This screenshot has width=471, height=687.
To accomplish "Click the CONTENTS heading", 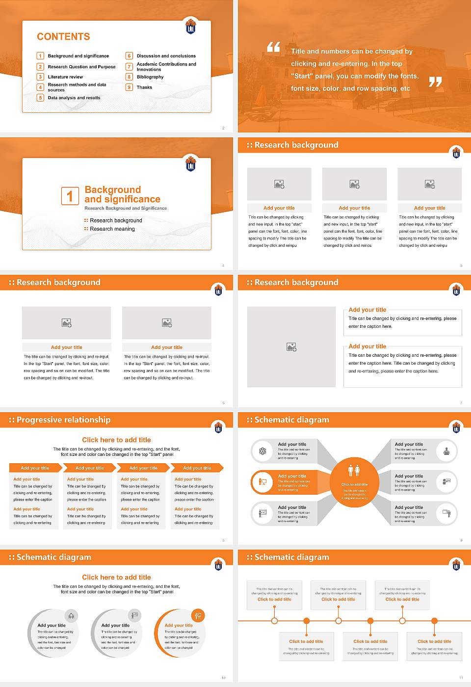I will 63,37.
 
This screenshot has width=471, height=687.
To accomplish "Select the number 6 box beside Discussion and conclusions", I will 130,56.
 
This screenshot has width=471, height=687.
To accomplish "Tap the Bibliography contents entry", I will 150,77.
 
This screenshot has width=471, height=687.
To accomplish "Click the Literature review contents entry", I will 65,77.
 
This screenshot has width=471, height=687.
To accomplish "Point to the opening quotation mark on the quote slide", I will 273,47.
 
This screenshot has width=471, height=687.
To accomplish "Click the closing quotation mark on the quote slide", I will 435,82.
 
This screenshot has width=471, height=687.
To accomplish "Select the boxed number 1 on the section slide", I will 70,196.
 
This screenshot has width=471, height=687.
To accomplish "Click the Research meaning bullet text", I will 112,229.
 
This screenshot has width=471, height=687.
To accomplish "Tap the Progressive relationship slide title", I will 63,420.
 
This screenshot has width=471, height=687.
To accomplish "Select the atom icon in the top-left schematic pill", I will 262,451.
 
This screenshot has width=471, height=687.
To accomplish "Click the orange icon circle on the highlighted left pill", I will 262,482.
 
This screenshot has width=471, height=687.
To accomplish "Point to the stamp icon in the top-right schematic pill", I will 446,451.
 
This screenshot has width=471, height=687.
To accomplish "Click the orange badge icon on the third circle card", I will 198,615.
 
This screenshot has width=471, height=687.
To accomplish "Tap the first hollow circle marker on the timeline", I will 274,621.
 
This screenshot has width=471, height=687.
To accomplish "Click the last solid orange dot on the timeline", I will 435,621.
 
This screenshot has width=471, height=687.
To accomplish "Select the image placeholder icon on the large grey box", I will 291,347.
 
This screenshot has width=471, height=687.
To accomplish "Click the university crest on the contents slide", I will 191,26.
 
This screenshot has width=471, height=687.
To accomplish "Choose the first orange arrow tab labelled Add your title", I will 35,468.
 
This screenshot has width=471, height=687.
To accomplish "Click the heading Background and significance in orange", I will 122,194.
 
